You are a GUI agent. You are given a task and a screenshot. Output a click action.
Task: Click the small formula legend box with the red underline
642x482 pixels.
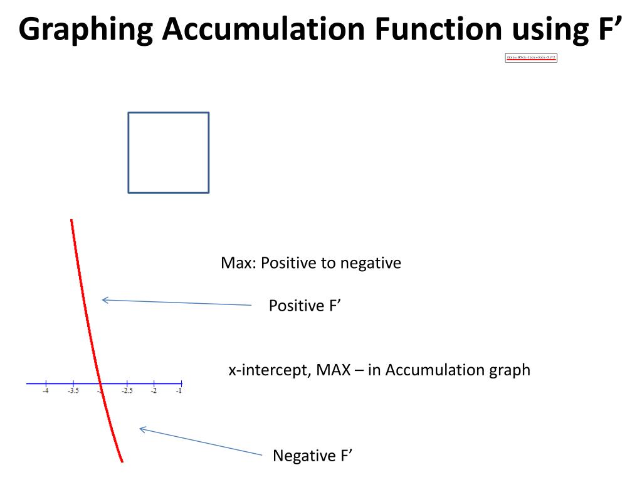531,58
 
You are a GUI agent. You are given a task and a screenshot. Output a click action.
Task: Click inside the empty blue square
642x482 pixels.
168,153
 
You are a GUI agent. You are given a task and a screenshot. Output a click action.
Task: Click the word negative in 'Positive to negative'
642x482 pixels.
371,263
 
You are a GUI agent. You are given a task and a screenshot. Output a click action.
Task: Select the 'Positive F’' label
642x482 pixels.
304,306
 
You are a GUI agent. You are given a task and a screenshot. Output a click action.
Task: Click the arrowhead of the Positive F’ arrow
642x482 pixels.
104,300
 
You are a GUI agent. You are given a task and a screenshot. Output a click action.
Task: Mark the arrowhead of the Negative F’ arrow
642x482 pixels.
141,429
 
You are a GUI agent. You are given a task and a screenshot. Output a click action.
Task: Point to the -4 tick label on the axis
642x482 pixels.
46,392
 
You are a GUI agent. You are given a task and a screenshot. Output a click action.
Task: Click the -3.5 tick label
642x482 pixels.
73,392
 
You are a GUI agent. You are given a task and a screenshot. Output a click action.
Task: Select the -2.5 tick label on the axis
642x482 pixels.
127,392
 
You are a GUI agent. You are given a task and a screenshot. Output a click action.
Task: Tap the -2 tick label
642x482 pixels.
154,392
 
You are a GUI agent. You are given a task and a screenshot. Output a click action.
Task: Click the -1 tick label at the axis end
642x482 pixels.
179,392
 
